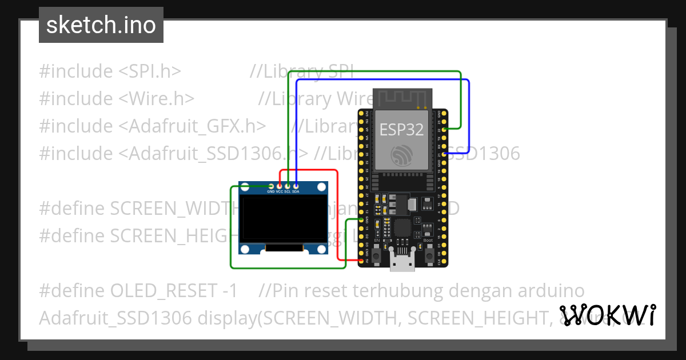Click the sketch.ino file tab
tap(101, 25)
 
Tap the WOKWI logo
tap(607, 315)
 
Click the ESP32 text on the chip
tap(402, 130)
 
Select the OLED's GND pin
tap(271, 186)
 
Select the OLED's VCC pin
tap(280, 186)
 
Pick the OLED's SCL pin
tap(288, 186)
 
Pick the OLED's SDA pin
tap(296, 186)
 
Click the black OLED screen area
tap(283, 218)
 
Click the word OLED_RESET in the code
tap(165, 290)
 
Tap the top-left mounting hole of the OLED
tap(245, 187)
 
